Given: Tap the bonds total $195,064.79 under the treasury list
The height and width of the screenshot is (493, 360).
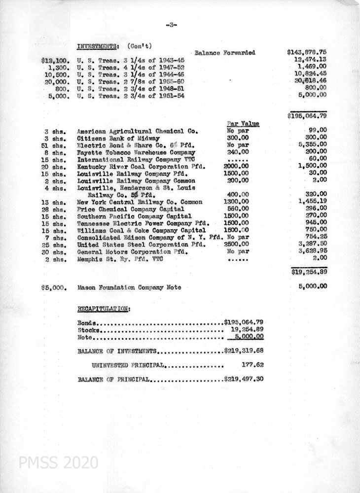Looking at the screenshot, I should (x=307, y=116).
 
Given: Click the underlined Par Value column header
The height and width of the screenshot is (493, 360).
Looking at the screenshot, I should (x=243, y=124).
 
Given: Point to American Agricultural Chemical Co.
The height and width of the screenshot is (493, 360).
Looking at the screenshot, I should (x=138, y=132).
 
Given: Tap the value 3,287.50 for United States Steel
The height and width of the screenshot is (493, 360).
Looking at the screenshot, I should (x=312, y=244).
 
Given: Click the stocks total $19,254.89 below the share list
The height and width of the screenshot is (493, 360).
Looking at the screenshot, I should (x=309, y=271).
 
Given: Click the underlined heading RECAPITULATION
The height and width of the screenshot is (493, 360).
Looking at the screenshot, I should (x=104, y=309).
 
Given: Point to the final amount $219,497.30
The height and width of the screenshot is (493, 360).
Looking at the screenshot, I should (x=244, y=380).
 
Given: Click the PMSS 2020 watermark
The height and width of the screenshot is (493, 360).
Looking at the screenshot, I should (x=58, y=463).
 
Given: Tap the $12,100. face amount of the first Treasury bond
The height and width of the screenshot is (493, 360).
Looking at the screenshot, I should (x=54, y=60).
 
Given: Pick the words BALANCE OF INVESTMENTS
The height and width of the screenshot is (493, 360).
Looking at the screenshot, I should (x=117, y=352).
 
